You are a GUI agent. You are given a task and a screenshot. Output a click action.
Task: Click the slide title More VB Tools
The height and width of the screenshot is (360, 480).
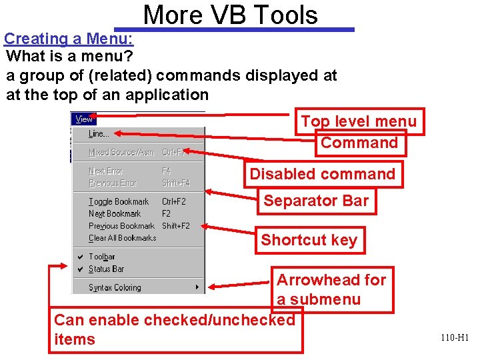231,15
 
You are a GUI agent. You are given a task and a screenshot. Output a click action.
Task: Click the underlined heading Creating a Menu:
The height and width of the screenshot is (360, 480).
69,39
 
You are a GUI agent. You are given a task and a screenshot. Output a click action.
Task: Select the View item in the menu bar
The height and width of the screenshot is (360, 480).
84,119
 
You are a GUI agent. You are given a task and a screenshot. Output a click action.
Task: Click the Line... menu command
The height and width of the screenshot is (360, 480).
99,134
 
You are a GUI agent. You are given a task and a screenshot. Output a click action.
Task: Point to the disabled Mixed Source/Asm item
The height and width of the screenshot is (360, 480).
121,153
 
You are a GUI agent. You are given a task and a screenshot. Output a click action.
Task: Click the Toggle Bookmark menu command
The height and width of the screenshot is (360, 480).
119,201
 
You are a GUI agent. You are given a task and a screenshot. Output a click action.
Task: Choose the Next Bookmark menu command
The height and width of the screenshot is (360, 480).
115,214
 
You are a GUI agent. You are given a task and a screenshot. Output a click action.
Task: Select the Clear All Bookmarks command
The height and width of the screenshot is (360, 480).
122,238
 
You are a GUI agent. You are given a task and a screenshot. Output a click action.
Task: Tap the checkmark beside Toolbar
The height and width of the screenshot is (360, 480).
80,257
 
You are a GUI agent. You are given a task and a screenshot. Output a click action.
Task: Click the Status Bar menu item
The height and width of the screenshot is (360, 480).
106,269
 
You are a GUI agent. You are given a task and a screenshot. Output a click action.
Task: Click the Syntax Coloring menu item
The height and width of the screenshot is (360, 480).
115,288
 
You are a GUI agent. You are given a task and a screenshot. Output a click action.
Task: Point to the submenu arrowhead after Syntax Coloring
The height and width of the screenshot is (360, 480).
197,288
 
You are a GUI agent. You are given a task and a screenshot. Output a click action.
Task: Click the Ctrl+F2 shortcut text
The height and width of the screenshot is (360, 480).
174,201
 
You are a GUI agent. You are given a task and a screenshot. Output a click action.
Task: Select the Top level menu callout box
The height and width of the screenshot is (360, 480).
359,121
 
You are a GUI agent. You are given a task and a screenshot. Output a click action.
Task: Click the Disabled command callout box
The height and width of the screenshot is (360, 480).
323,175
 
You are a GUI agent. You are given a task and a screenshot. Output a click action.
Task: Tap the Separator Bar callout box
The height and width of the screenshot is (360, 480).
316,201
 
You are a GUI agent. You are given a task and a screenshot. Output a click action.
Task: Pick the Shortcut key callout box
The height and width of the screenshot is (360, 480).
309,240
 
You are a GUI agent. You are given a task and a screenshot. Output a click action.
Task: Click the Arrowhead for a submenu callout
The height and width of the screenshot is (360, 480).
331,289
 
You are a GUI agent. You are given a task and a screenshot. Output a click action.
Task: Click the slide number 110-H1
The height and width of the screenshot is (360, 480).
455,338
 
